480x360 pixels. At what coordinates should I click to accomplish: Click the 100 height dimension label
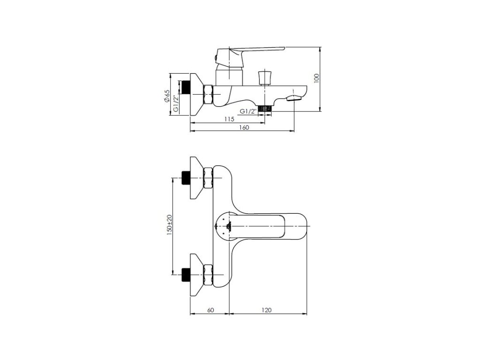(x=316, y=78)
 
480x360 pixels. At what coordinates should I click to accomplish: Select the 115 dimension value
(x=229, y=119)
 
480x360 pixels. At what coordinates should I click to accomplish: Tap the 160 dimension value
(x=244, y=127)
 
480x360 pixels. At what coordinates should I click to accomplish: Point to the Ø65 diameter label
(x=166, y=96)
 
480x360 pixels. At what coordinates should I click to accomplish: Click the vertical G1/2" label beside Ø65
(x=176, y=104)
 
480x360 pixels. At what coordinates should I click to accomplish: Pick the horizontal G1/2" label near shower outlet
(x=248, y=112)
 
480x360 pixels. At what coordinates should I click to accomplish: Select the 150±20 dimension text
(x=170, y=225)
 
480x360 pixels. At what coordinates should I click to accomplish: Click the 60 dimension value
(x=210, y=310)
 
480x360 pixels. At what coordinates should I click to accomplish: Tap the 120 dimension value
(x=267, y=310)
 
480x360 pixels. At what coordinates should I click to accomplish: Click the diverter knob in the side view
(x=264, y=78)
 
